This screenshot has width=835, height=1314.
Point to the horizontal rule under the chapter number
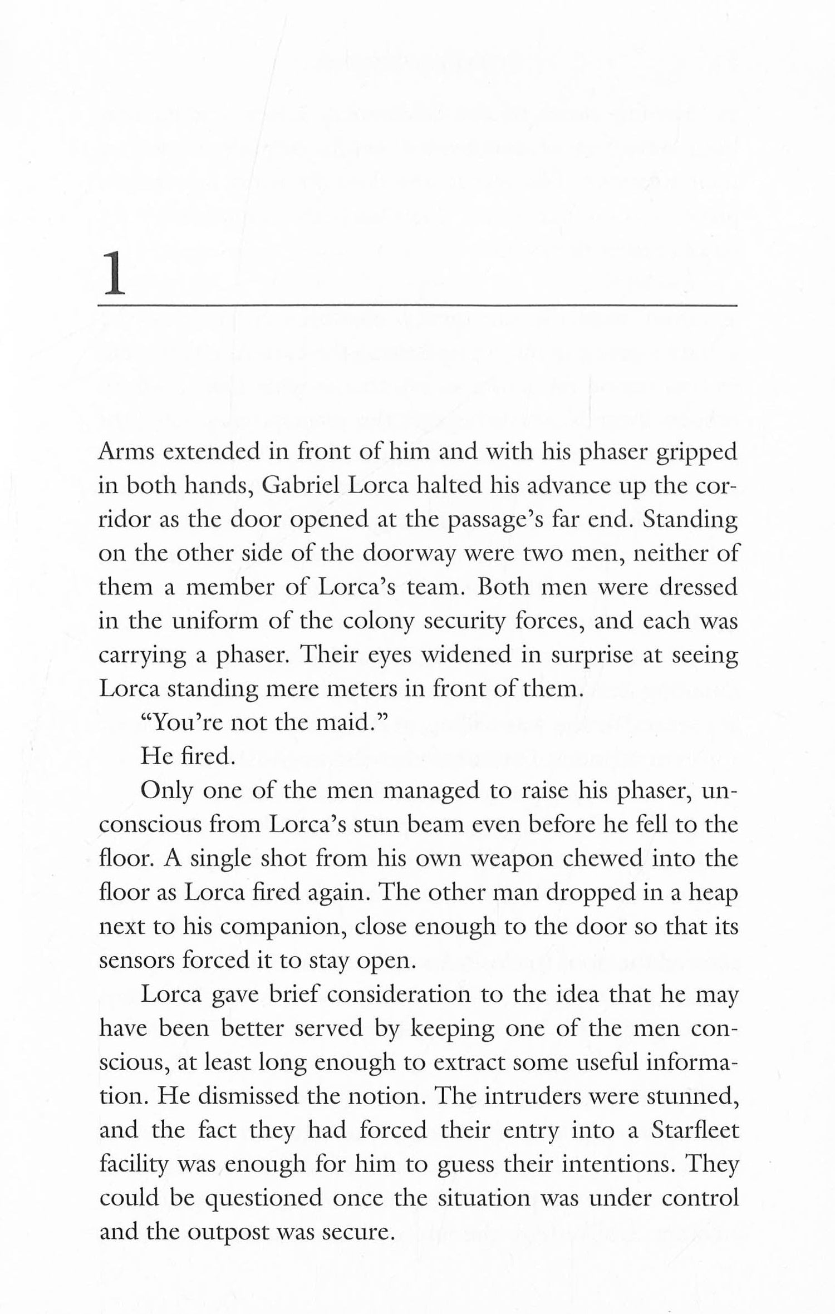417,306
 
